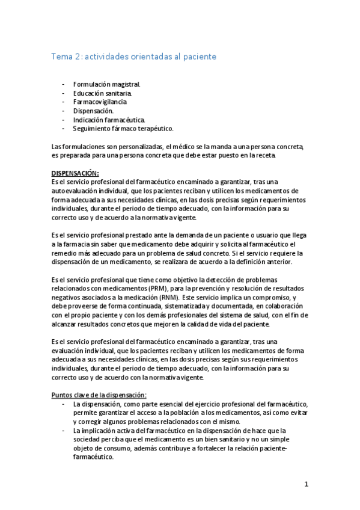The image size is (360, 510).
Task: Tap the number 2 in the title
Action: coord(79,57)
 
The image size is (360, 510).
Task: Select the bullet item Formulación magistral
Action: coord(106,85)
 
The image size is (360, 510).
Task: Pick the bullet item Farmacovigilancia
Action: coord(100,102)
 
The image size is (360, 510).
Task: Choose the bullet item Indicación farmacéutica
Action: coord(109,120)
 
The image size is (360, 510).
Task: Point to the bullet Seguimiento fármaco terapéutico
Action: coord(123,128)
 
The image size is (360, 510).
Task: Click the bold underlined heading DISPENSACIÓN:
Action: coord(75,173)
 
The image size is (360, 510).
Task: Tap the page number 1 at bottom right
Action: coord(306,484)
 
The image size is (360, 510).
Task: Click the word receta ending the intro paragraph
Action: coord(264,155)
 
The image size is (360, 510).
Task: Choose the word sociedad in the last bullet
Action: coord(88,439)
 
